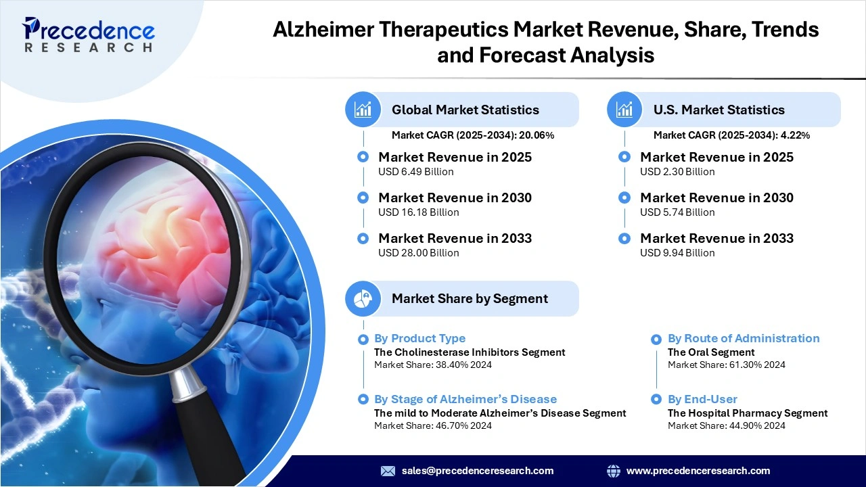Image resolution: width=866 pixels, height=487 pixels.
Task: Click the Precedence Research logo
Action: point(88,34)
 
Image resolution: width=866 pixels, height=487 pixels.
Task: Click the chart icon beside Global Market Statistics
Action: point(363,110)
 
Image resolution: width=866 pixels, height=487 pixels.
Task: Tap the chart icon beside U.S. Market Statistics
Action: point(624,110)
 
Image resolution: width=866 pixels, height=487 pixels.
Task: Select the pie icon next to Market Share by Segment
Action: point(363,298)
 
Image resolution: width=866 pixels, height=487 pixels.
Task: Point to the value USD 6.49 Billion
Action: point(415,172)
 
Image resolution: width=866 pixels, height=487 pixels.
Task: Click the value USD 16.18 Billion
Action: point(418,212)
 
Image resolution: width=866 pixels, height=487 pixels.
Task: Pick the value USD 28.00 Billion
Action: point(418,253)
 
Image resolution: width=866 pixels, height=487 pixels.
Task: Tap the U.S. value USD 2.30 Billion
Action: point(677,172)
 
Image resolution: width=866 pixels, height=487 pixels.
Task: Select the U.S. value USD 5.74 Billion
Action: point(677,212)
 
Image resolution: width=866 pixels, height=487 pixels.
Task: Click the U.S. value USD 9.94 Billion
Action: point(677,253)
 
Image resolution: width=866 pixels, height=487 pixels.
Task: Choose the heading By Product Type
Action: point(419,338)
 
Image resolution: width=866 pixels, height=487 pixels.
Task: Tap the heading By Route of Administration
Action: point(743,338)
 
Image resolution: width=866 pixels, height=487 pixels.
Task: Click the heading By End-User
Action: point(702,399)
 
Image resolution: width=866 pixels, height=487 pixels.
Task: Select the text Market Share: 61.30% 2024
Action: point(726,365)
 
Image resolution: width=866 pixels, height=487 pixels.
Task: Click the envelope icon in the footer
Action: point(388,471)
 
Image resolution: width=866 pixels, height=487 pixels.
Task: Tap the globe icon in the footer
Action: point(614,471)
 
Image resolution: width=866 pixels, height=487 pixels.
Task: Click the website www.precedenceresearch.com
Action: point(698,471)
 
